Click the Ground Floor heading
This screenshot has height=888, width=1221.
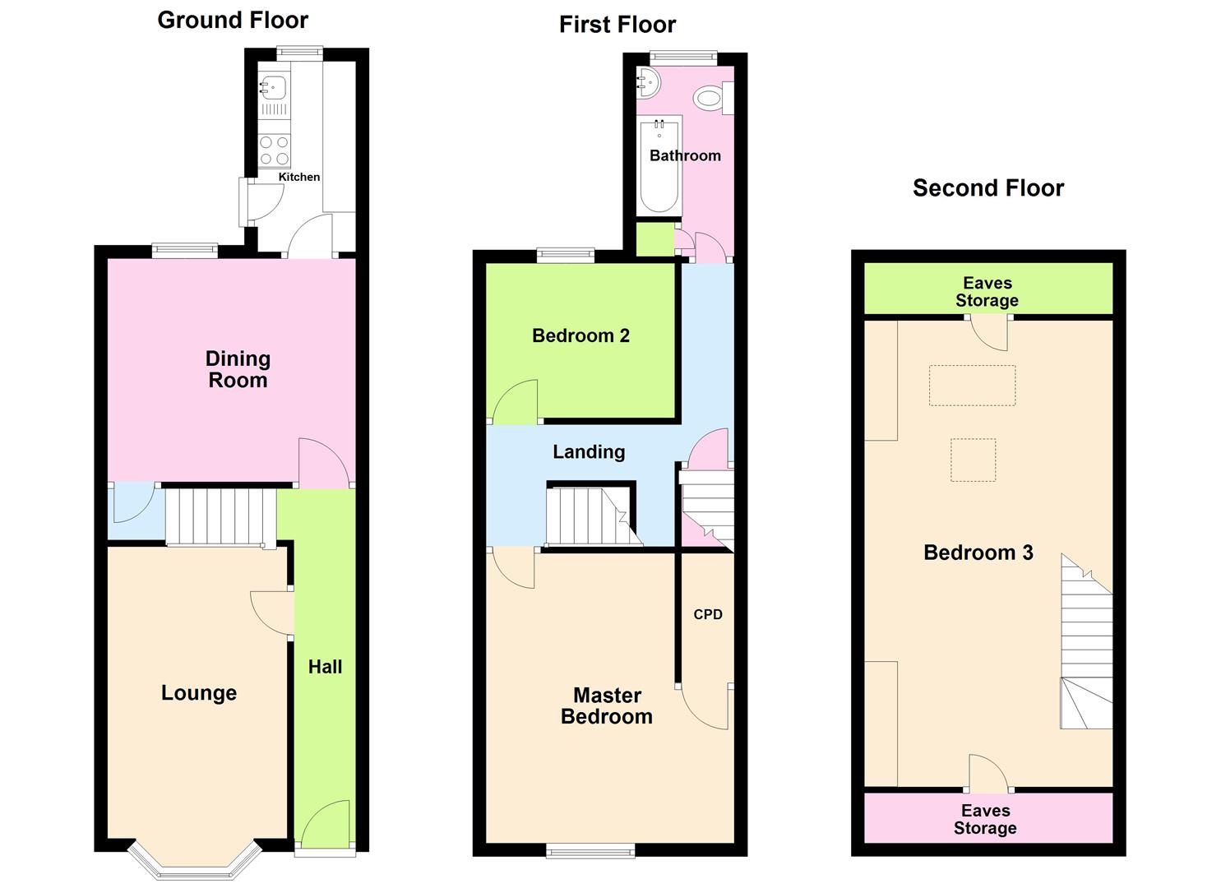[233, 21]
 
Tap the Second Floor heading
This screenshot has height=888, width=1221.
[987, 188]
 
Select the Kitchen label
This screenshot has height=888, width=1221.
[298, 177]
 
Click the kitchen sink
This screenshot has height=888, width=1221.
[274, 86]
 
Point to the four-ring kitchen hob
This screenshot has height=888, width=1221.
[275, 150]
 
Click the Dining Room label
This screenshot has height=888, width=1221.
[238, 369]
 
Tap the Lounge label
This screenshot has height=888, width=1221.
[199, 693]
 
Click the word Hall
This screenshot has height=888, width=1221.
[325, 667]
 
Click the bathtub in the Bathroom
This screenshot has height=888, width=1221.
[659, 164]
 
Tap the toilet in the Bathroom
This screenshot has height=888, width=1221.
[712, 99]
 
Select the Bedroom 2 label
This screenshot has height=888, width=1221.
[580, 335]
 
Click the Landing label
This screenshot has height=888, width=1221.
[589, 451]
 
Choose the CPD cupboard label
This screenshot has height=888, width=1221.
[708, 614]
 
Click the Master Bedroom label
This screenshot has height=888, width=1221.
[607, 706]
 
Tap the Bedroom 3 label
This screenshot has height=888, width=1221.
[978, 553]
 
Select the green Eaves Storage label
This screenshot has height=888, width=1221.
[987, 292]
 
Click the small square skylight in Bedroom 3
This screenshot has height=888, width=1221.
[973, 460]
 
